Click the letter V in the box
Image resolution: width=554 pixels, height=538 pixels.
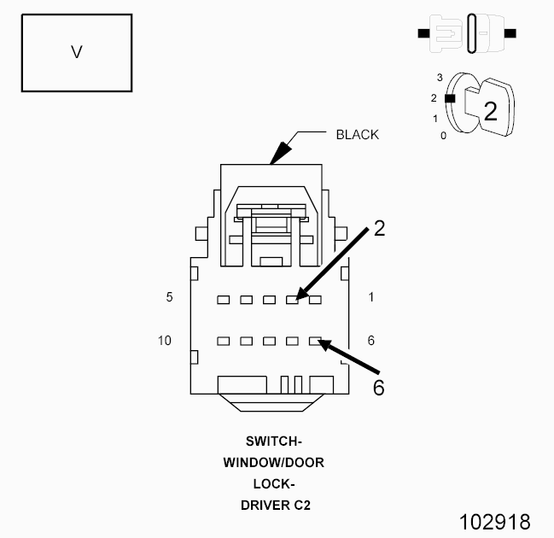tap(77, 52)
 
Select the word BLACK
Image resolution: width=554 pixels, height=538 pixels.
tap(357, 134)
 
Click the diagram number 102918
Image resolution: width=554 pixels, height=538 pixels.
tap(495, 521)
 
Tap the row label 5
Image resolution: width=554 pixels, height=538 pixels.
tap(170, 298)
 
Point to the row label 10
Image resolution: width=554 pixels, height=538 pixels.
tap(166, 341)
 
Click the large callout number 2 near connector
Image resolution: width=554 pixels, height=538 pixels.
tap(380, 229)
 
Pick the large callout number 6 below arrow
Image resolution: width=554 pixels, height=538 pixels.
tap(379, 387)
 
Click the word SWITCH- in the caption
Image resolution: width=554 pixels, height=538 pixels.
tap(273, 442)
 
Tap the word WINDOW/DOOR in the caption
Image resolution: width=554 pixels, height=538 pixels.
tap(273, 463)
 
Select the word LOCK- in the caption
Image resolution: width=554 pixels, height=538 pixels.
tap(273, 483)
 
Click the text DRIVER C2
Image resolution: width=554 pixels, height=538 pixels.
tap(273, 505)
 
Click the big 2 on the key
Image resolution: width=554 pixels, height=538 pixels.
tap(491, 111)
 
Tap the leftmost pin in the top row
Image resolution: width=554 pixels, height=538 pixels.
tap(223, 300)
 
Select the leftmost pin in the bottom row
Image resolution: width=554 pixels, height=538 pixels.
tap(223, 341)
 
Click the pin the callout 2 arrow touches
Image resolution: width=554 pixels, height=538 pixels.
tap(292, 300)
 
